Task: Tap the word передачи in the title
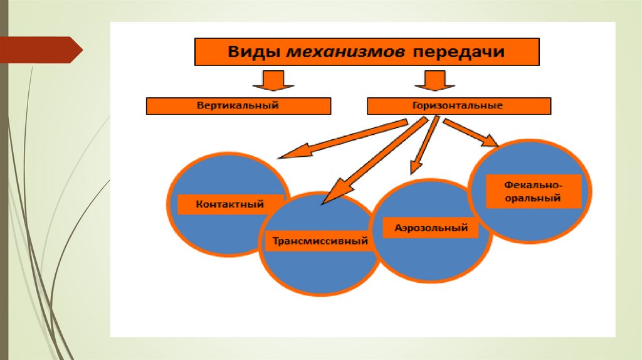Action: click(458, 52)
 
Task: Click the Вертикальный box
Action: click(238, 105)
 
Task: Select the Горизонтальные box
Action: click(458, 105)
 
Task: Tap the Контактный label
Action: click(229, 204)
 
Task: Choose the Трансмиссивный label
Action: click(320, 241)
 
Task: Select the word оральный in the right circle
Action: click(534, 199)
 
